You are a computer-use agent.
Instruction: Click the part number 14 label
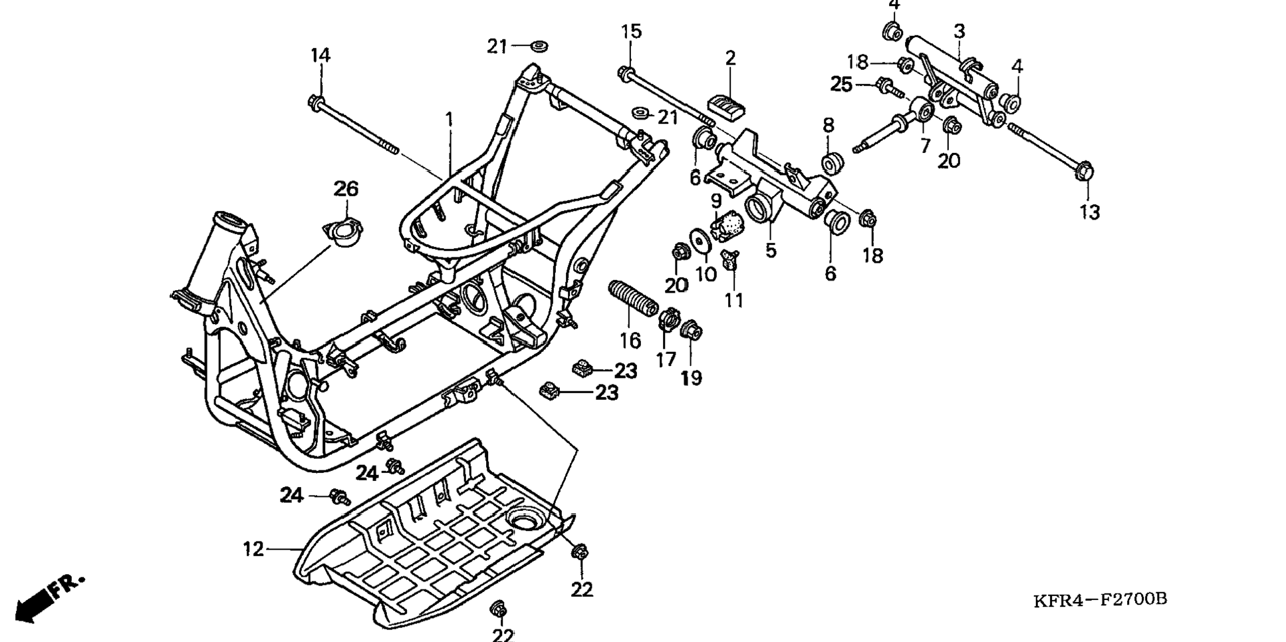(x=321, y=55)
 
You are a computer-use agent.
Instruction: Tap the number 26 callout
(x=346, y=189)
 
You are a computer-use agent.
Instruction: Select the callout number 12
(x=253, y=549)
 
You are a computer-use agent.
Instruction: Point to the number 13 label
(x=1089, y=212)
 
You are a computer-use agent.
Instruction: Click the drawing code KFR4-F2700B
(x=1100, y=599)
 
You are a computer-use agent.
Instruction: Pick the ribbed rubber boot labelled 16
(x=632, y=299)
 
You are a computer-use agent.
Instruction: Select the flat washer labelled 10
(x=700, y=240)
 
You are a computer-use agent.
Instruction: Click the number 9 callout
(x=716, y=200)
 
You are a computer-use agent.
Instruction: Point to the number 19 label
(x=691, y=378)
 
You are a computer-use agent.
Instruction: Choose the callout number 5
(x=771, y=250)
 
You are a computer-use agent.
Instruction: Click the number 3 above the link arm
(x=959, y=31)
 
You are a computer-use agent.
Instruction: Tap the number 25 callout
(x=841, y=84)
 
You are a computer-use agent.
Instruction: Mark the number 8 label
(x=828, y=125)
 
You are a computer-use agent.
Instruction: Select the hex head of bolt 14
(x=316, y=102)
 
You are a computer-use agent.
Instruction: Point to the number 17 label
(x=666, y=359)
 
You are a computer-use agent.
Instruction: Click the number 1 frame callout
(x=450, y=120)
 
